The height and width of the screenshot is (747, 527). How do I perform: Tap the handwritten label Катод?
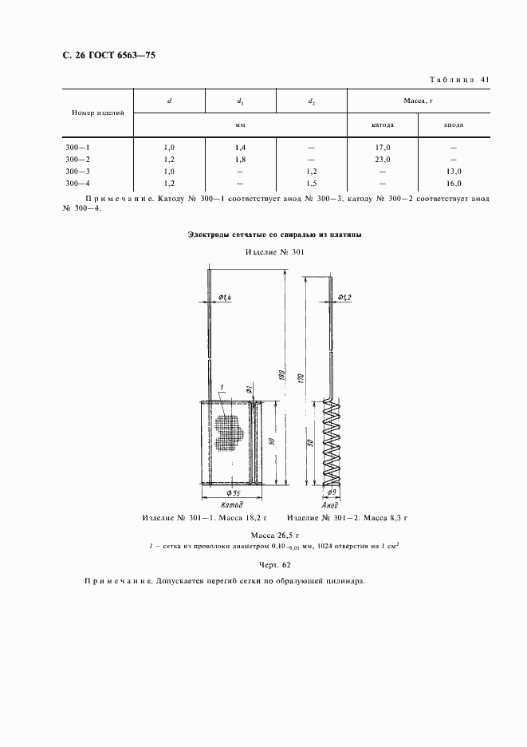228,506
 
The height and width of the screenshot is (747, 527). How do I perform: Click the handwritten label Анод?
331,506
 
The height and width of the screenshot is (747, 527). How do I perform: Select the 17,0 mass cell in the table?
383,148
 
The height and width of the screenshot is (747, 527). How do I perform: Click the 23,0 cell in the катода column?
383,160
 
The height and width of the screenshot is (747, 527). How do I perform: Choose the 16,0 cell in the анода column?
454,183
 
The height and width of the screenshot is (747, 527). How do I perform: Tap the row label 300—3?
78,172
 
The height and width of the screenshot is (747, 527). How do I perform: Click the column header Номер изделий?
98,113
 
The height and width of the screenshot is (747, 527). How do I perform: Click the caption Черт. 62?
263,565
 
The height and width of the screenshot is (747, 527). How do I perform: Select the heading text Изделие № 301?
274,252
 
